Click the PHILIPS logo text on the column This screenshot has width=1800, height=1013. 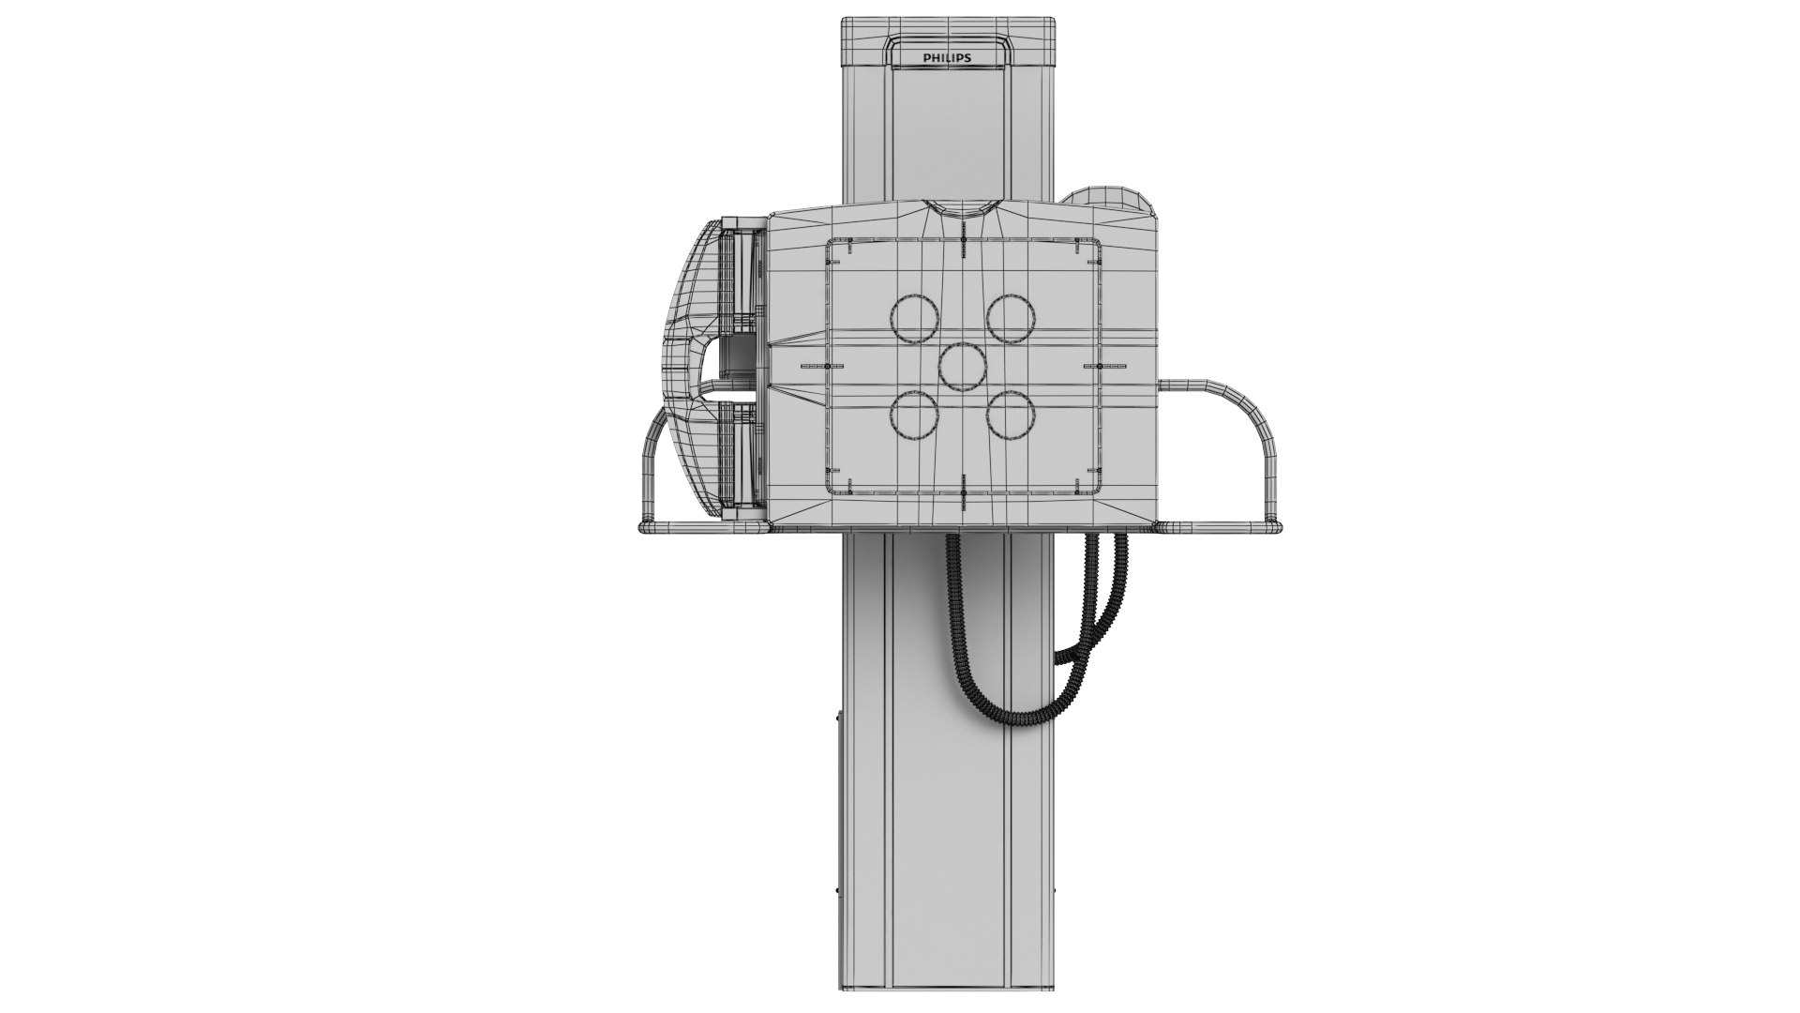click(x=947, y=58)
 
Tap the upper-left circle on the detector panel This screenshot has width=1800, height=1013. click(x=914, y=318)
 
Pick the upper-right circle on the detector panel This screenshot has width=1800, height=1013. click(x=1011, y=318)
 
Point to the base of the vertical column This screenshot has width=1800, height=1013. click(x=948, y=980)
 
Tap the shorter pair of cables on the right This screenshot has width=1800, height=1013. click(x=1102, y=600)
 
